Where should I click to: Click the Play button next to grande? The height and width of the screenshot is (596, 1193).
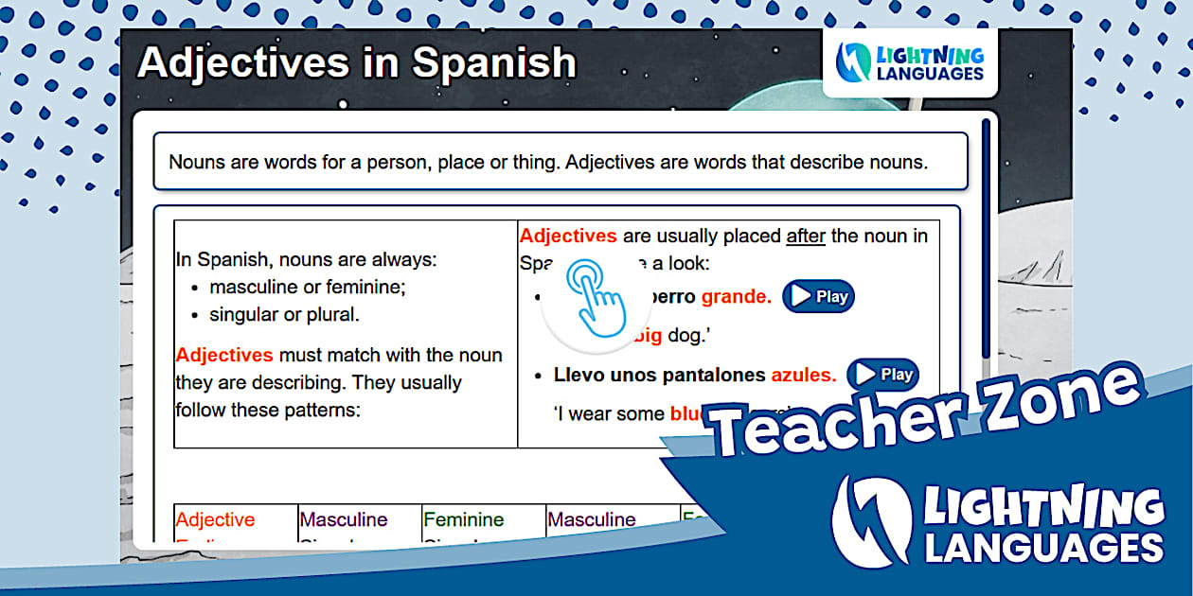(x=818, y=296)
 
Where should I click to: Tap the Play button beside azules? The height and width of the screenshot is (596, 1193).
(x=882, y=375)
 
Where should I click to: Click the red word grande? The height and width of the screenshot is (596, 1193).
(x=736, y=297)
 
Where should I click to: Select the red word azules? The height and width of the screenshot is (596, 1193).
(x=803, y=376)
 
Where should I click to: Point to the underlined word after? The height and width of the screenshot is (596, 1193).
(x=805, y=237)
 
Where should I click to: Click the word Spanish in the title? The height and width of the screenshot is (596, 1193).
(x=493, y=62)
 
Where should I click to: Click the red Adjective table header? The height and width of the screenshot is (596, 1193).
(x=215, y=519)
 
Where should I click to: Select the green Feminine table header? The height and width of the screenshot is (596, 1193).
(x=464, y=519)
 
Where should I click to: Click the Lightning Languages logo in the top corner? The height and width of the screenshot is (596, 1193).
(x=910, y=62)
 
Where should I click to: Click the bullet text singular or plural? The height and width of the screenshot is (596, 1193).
(x=284, y=315)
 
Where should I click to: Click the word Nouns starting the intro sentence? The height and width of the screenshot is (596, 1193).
(x=197, y=162)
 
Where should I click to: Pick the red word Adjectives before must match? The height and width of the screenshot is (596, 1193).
(x=224, y=356)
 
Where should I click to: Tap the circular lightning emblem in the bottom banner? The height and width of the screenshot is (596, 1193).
(x=870, y=520)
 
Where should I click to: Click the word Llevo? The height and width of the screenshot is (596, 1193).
(x=579, y=376)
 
